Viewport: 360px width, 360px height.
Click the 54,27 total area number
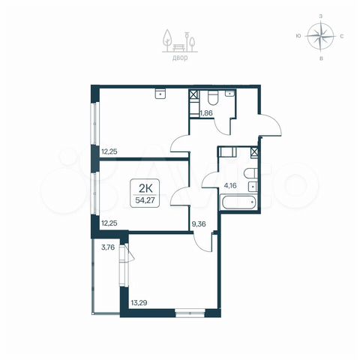click(x=145, y=200)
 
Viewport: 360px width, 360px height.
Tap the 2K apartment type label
click(x=145, y=188)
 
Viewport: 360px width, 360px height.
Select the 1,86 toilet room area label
click(x=206, y=113)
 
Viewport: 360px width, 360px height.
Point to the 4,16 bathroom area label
click(x=230, y=186)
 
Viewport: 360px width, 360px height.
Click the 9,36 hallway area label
click(x=199, y=224)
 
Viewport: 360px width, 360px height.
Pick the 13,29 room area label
click(x=139, y=303)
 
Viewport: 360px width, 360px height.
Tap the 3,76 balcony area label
click(x=108, y=247)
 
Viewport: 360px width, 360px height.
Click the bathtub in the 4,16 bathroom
click(x=238, y=202)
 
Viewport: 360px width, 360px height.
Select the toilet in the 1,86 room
click(x=214, y=97)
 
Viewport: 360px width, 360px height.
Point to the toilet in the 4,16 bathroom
click(x=250, y=173)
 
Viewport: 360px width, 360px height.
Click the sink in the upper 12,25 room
click(x=160, y=94)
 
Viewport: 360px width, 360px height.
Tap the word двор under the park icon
click(x=180, y=58)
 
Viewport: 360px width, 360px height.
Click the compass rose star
click(x=321, y=36)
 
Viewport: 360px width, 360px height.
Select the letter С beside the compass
click(x=341, y=36)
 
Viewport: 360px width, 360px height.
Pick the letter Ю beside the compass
click(x=298, y=36)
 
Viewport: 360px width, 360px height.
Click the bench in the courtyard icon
click(x=178, y=47)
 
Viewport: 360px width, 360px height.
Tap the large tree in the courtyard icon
click(x=167, y=38)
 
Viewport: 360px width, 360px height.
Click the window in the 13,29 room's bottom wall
click(x=190, y=313)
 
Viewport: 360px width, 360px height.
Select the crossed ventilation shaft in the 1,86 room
click(x=194, y=94)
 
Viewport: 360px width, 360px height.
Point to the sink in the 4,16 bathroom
click(x=253, y=187)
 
